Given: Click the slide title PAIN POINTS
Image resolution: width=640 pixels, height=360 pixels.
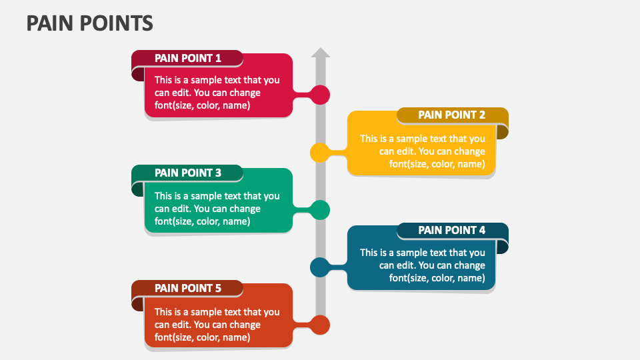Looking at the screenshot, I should click(x=89, y=23).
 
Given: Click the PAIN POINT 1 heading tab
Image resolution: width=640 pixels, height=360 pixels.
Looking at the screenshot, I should click(x=187, y=58).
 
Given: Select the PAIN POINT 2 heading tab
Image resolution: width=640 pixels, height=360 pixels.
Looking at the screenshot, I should click(x=451, y=115).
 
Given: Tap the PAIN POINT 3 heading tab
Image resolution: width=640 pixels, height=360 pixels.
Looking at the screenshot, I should click(x=187, y=173).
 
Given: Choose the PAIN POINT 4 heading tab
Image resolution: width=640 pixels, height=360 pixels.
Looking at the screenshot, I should click(x=451, y=230).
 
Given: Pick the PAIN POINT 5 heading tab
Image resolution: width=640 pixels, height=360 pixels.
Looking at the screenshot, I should click(x=187, y=288).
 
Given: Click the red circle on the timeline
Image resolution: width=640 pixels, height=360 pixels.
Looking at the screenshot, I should click(x=321, y=95).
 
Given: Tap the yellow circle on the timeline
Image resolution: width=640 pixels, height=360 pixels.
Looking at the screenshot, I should click(x=320, y=152).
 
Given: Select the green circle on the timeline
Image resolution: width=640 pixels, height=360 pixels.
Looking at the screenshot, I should click(x=321, y=210).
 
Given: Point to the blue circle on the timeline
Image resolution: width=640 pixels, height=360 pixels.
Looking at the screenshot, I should click(x=320, y=267).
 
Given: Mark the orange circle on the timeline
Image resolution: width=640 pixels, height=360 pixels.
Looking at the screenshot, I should click(x=321, y=325).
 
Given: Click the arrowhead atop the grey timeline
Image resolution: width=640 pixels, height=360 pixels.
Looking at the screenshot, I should click(x=321, y=53).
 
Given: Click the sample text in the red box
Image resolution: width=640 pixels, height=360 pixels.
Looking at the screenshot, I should click(x=217, y=93).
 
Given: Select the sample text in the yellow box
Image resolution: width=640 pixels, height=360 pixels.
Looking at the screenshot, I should click(x=423, y=151).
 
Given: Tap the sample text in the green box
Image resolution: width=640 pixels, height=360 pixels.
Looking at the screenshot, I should click(x=217, y=209).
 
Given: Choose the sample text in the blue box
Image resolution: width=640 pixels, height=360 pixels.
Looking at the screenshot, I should click(x=423, y=265).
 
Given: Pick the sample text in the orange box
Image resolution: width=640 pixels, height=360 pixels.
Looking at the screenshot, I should click(x=217, y=325).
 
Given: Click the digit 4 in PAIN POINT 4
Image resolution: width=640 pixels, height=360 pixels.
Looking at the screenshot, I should click(x=482, y=230).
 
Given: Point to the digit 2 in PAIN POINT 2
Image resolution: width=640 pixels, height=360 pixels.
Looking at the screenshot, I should click(x=482, y=115).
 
